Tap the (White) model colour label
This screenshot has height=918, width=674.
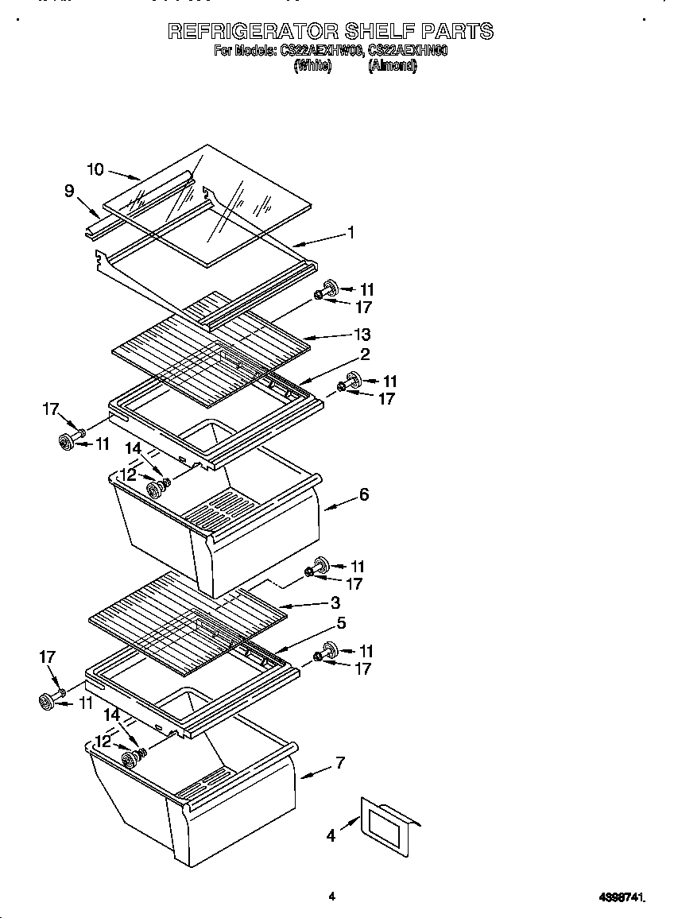coord(312,66)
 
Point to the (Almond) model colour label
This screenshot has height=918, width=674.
coord(392,66)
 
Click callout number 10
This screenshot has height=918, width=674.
coord(95,168)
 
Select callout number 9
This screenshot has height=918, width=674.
coord(69,191)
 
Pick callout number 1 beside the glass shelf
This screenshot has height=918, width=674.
coord(351,233)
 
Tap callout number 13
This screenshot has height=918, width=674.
coord(362,335)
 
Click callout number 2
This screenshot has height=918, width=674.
coord(365,354)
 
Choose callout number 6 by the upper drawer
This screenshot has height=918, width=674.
coord(364,494)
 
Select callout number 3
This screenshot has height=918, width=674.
coord(335,603)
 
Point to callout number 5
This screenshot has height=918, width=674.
coord(341,623)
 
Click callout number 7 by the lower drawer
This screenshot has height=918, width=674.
coord(340,763)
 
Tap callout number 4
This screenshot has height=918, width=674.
coord(331,835)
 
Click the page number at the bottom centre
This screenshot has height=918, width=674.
coord(331,897)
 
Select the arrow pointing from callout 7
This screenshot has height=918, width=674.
coord(313,772)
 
